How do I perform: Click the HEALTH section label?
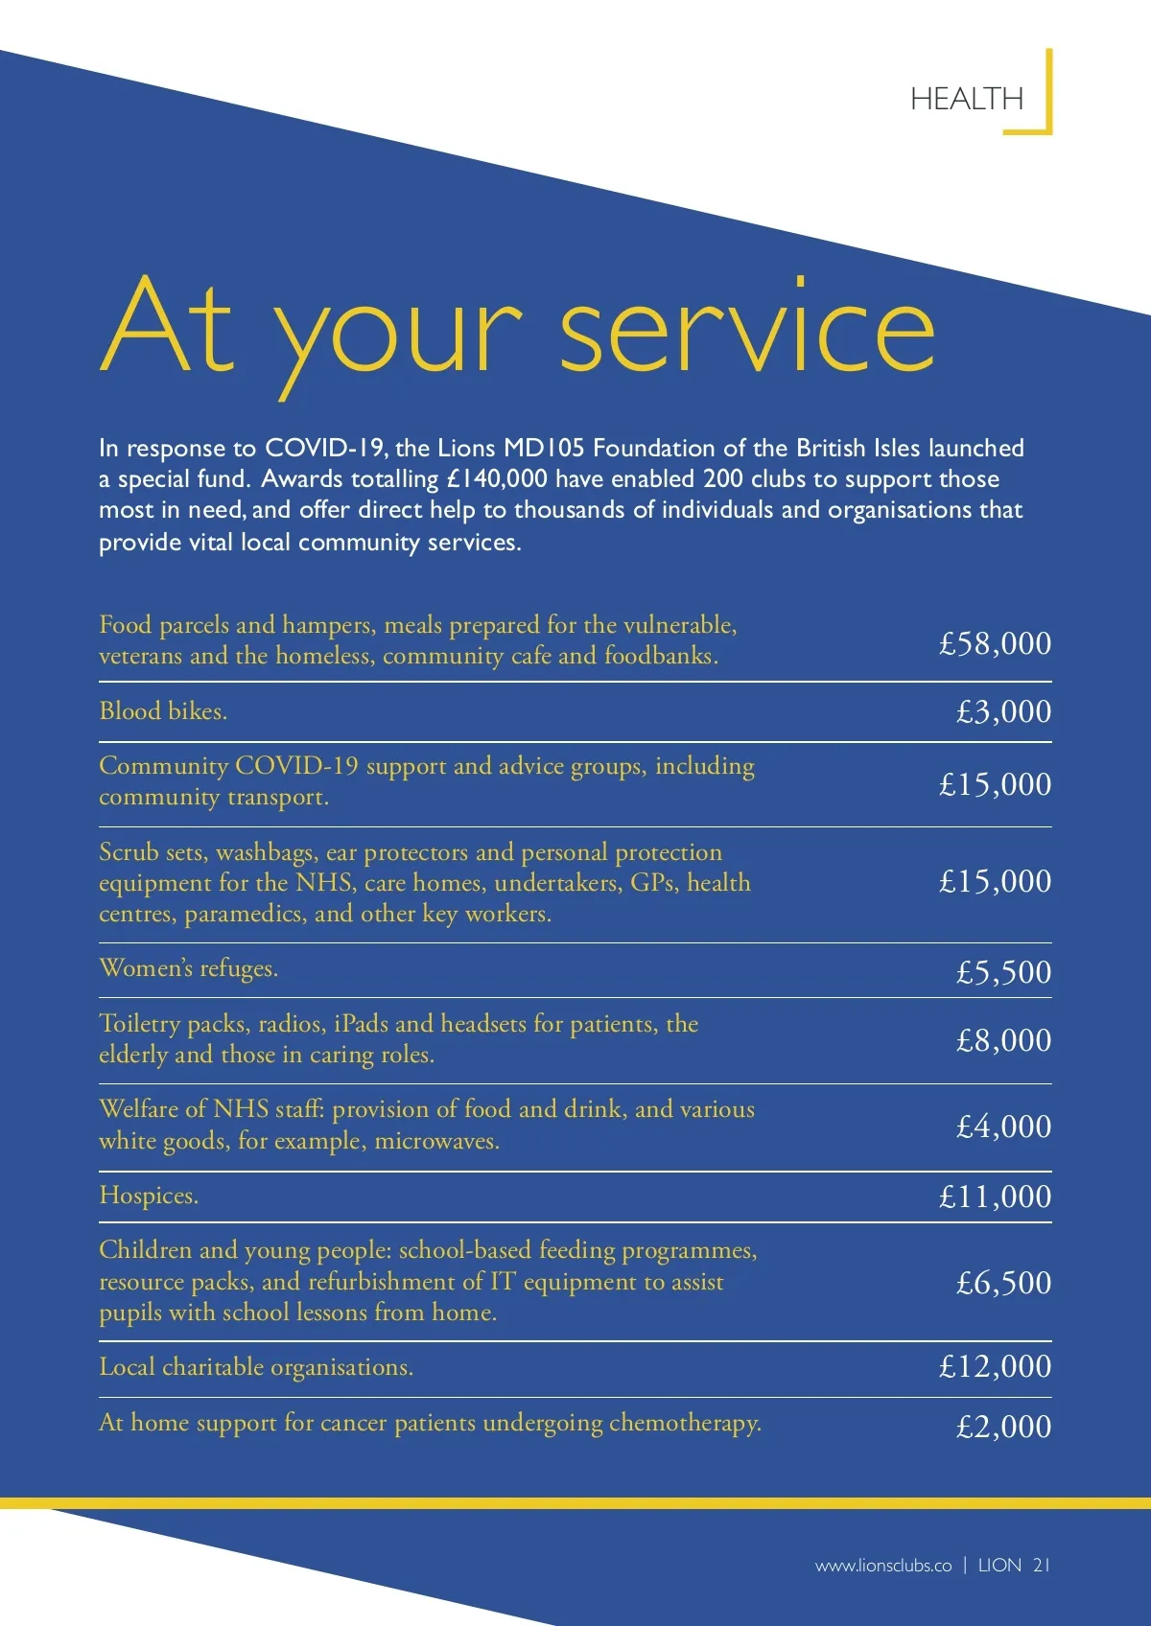pyautogui.click(x=966, y=99)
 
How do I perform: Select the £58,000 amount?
pyautogui.click(x=995, y=643)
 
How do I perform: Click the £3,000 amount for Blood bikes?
pyautogui.click(x=1003, y=711)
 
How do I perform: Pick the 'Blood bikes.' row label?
pyautogui.click(x=163, y=711)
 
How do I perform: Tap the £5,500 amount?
pyautogui.click(x=1003, y=972)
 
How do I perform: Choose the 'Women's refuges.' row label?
pyautogui.click(x=188, y=968)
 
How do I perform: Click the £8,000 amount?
pyautogui.click(x=1003, y=1040)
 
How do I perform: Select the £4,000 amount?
pyautogui.click(x=1003, y=1127)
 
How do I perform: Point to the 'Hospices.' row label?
pyautogui.click(x=149, y=1196)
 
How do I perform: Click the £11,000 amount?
pyautogui.click(x=995, y=1196)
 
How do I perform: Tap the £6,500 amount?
pyautogui.click(x=1003, y=1283)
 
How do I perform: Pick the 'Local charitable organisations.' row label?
pyautogui.click(x=256, y=1366)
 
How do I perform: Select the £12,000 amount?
pyautogui.click(x=995, y=1366)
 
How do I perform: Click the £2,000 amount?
pyautogui.click(x=1003, y=1427)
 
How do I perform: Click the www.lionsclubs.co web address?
pyautogui.click(x=883, y=1566)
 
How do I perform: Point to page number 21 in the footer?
pyautogui.click(x=1042, y=1566)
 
